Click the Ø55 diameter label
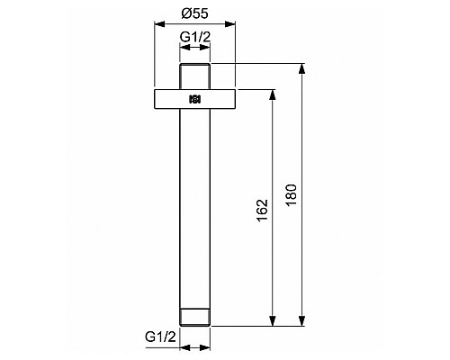[195, 14]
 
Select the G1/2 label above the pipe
[195, 37]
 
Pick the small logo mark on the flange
[195, 99]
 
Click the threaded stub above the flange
[195, 76]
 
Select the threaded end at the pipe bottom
[195, 318]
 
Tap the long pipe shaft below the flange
[195, 207]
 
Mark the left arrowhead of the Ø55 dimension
[157, 24]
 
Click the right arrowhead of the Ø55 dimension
[234, 24]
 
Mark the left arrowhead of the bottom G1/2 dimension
[183, 346]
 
